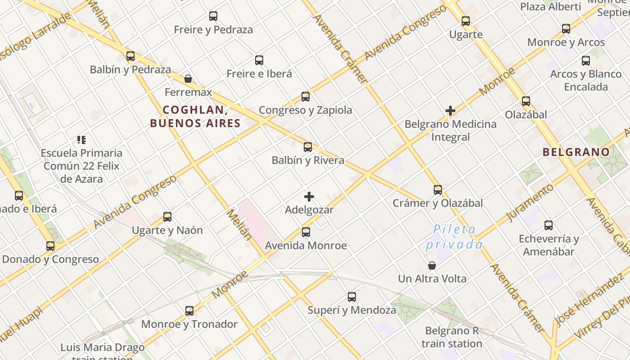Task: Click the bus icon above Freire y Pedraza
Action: [x=213, y=16]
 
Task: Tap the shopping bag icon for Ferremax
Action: [x=188, y=79]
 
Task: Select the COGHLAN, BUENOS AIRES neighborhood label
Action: [x=195, y=117]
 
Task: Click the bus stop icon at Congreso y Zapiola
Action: [x=306, y=97]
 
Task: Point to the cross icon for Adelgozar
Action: [x=309, y=197]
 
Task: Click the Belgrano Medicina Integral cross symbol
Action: [x=450, y=111]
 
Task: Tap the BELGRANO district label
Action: [x=576, y=152]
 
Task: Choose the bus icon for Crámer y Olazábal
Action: [x=438, y=190]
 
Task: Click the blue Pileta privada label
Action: [x=454, y=237]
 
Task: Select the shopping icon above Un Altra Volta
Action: [x=432, y=265]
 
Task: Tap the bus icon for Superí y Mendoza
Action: [x=352, y=297]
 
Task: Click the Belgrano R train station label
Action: [x=454, y=337]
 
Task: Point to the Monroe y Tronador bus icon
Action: [x=189, y=311]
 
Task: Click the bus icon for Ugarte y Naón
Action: [x=167, y=217]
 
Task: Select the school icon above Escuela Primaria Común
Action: [x=81, y=140]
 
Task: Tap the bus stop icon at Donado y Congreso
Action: [x=50, y=246]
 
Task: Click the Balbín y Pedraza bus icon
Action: [x=130, y=56]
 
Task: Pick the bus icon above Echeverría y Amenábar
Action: [x=549, y=225]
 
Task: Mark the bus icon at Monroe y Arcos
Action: [x=566, y=29]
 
